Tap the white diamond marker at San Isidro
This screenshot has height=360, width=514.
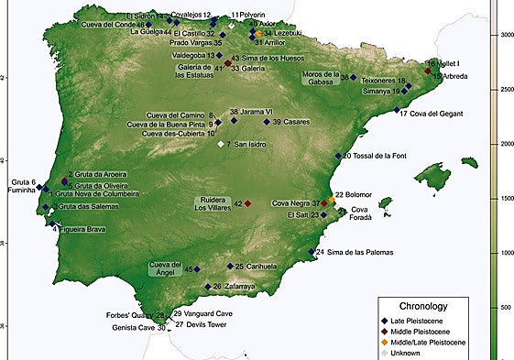[x=221, y=145]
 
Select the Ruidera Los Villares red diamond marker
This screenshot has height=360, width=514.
[x=247, y=202]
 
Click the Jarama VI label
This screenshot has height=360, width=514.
[x=257, y=111]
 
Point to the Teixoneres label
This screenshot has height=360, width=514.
[x=388, y=80]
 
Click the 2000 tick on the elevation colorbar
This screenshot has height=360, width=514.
[x=502, y=145]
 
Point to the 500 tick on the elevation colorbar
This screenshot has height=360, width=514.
[x=502, y=307]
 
